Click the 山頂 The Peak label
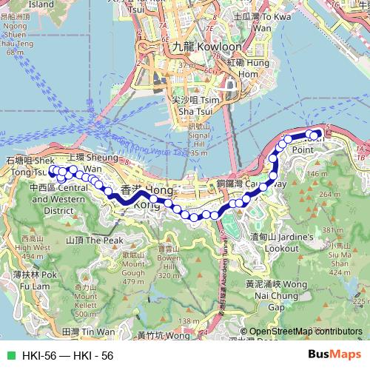click(x=94, y=240)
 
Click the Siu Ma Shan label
click(x=340, y=256)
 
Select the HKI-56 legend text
click(x=67, y=356)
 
